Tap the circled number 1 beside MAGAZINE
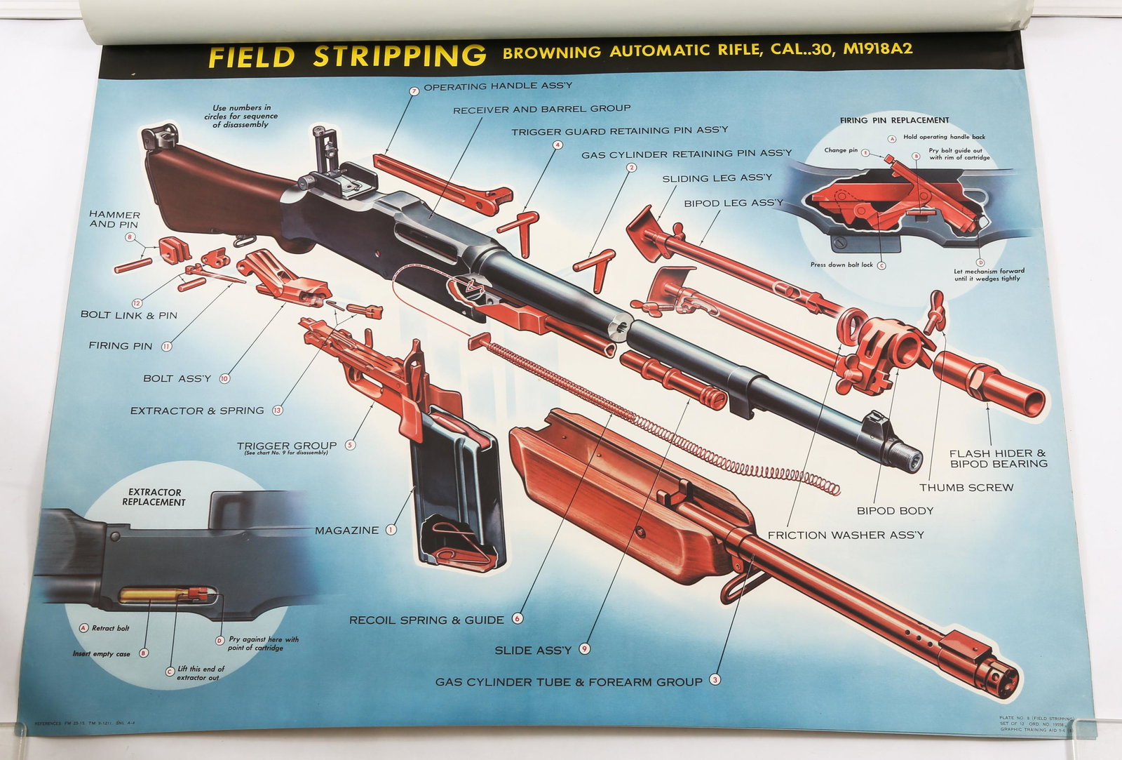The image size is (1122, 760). point(391,530)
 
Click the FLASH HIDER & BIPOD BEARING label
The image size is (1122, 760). point(998,458)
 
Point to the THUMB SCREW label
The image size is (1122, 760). point(966,487)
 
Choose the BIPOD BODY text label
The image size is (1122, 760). point(895,510)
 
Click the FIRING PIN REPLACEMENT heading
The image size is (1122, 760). point(894,120)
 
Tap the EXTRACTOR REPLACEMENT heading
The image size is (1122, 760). point(154,497)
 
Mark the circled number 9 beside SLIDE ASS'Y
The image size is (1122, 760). point(584,649)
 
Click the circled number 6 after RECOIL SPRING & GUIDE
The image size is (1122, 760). point(518,619)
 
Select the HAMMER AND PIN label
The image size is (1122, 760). point(114,219)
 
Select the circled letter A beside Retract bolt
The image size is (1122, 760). point(83,628)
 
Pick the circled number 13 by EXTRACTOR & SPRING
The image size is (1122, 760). point(278,411)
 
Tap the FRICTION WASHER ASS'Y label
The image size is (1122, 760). point(846,535)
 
